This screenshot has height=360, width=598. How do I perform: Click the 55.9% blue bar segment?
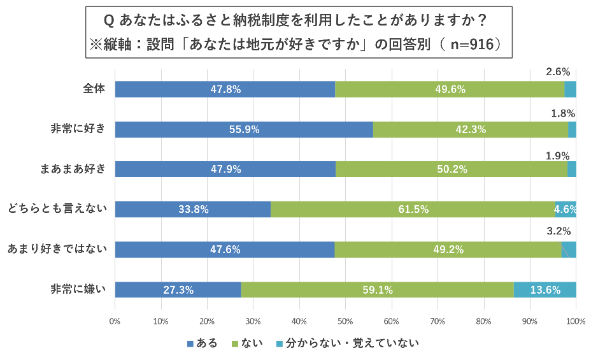tap(244, 129)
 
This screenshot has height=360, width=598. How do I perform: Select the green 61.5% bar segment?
tap(413, 209)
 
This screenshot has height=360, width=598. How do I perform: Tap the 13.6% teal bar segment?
tap(545, 290)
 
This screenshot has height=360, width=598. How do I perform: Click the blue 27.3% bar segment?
tap(178, 290)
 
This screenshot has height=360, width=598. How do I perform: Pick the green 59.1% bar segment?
tap(377, 290)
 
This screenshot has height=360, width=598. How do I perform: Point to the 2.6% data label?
tap(558, 72)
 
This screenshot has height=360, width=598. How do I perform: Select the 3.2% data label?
tap(559, 231)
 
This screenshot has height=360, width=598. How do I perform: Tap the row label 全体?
tap(94, 89)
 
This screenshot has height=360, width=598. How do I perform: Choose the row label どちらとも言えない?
tap(57, 208)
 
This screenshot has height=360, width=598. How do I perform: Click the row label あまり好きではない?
tap(57, 248)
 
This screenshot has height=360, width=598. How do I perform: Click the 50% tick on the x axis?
tap(345, 321)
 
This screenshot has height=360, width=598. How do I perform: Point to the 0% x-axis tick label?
tap(115, 321)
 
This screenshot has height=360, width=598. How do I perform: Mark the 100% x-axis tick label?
tap(575, 321)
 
